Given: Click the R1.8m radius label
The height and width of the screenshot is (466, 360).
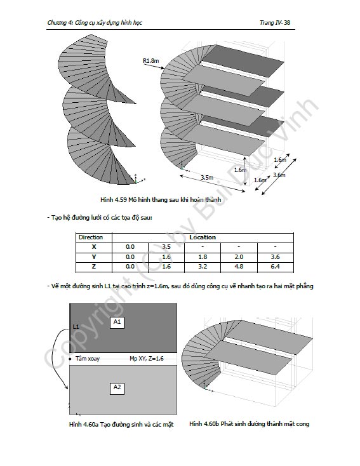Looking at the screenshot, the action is click(151, 61).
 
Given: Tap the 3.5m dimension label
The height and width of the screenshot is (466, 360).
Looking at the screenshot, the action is click(207, 177).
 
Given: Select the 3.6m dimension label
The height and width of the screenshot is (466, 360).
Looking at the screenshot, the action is click(279, 175).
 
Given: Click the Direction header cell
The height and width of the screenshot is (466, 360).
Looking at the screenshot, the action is click(91, 237).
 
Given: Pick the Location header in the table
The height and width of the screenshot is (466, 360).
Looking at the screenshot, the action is click(203, 237).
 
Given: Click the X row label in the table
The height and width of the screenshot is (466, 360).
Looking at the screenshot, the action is click(94, 247).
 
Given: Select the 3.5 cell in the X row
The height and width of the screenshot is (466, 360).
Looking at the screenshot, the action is click(166, 247).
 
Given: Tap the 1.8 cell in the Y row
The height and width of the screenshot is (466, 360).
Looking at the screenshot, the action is click(203, 256).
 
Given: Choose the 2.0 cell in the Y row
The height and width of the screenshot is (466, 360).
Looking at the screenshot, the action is click(239, 256).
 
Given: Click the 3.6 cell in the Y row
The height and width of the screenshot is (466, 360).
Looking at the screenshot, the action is click(276, 256).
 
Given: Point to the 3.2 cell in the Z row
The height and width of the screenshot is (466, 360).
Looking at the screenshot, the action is click(203, 266).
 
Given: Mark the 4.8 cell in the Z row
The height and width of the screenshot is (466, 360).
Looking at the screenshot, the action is click(239, 266).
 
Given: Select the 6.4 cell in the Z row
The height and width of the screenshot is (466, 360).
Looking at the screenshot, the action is click(276, 266).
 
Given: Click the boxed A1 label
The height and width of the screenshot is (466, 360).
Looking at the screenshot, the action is click(117, 322).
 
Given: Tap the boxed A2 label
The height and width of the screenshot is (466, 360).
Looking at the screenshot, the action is click(117, 387).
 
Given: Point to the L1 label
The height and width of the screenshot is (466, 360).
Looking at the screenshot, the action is click(76, 326).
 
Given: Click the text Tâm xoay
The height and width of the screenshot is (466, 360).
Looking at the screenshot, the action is click(88, 359).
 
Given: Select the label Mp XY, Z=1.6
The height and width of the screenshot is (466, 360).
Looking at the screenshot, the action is click(147, 359).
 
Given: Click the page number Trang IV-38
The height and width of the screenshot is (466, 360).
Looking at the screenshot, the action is click(275, 23).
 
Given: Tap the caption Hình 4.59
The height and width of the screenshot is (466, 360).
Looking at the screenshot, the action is click(113, 199).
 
